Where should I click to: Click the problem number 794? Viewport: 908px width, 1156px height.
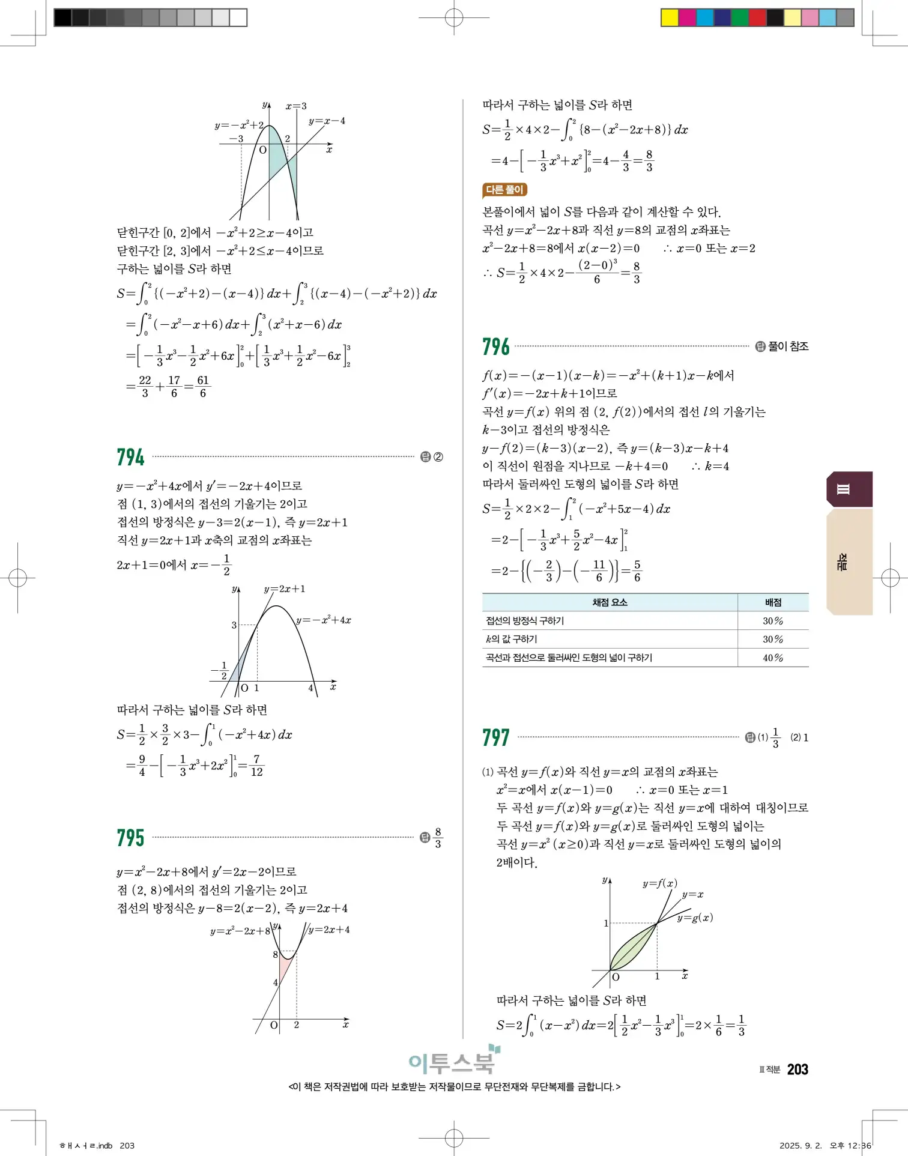pyautogui.click(x=130, y=457)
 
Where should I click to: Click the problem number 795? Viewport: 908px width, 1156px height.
pyautogui.click(x=130, y=837)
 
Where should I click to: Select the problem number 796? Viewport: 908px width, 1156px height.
pyautogui.click(x=495, y=346)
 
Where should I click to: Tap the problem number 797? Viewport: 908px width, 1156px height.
pyautogui.click(x=495, y=737)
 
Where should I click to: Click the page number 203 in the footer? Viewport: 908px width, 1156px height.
pyautogui.click(x=798, y=1070)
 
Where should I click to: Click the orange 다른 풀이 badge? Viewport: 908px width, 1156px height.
pyautogui.click(x=504, y=190)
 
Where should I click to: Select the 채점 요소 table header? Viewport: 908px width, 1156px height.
pyautogui.click(x=610, y=602)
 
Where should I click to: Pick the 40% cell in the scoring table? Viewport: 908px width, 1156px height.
pyautogui.click(x=773, y=658)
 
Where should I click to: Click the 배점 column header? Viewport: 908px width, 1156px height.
pyautogui.click(x=773, y=602)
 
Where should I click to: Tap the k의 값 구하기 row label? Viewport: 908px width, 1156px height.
pyautogui.click(x=512, y=640)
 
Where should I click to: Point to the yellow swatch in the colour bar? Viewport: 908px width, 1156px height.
pyautogui.click(x=669, y=17)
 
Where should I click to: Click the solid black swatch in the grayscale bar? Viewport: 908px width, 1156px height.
pyautogui.click(x=62, y=17)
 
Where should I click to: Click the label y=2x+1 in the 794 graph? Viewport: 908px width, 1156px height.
pyautogui.click(x=285, y=589)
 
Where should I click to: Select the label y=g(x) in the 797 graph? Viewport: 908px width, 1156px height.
pyautogui.click(x=695, y=918)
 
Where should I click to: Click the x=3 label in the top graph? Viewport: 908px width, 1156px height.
pyautogui.click(x=296, y=106)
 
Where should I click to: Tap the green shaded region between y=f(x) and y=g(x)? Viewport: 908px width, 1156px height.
pyautogui.click(x=631, y=949)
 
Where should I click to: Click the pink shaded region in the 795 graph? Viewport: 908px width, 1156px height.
pyautogui.click(x=285, y=968)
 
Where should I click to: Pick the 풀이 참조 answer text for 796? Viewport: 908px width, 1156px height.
pyautogui.click(x=788, y=346)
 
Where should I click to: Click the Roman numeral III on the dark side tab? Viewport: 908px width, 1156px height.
pyautogui.click(x=843, y=489)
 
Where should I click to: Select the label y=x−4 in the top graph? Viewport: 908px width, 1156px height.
pyautogui.click(x=327, y=121)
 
